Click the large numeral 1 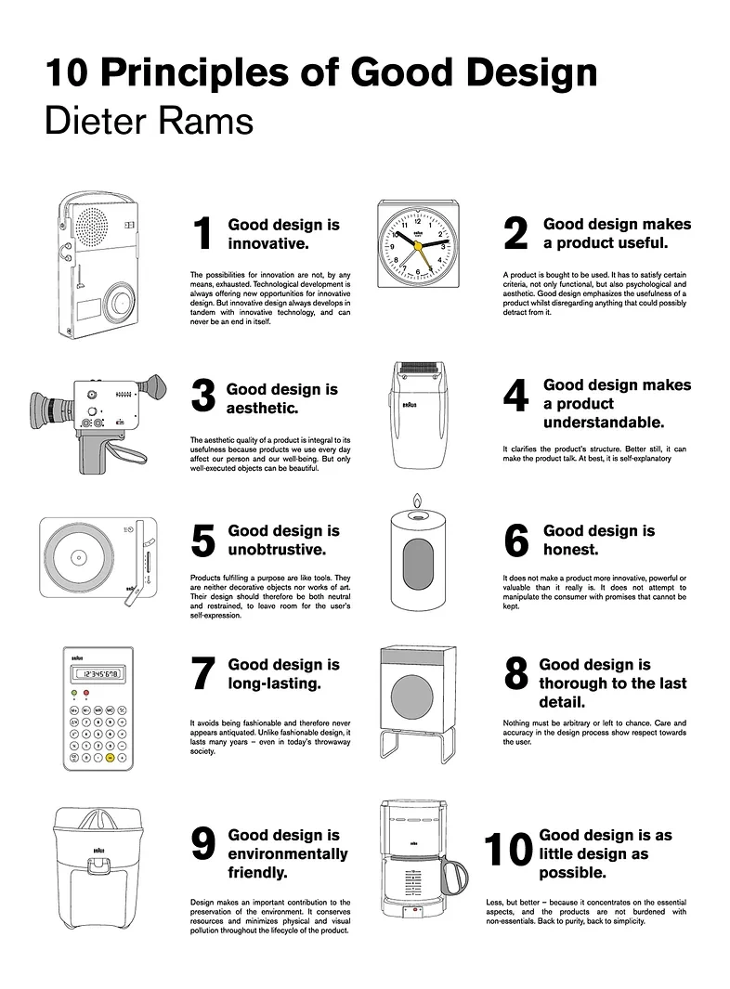pos(202,233)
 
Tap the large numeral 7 pos(203,672)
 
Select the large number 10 pos(509,849)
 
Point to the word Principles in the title pos(194,72)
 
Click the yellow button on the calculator pos(110,757)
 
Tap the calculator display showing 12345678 pos(98,674)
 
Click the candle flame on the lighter pos(416,501)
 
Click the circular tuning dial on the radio pos(119,302)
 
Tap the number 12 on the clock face pos(417,221)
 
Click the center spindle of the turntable pos(78,557)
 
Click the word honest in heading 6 pos(570,550)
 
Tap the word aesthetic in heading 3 pos(263,408)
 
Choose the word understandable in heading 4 pos(604,422)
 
